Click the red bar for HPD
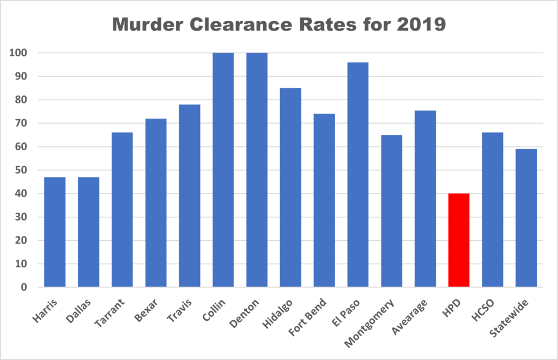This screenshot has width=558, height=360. (x=458, y=240)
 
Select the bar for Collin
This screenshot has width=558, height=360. (x=223, y=170)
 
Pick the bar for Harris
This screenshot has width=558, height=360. (x=54, y=232)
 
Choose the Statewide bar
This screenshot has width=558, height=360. (x=526, y=218)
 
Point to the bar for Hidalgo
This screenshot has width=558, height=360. (x=290, y=187)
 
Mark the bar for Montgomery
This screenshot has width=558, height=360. (x=391, y=211)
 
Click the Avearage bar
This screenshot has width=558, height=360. (x=425, y=199)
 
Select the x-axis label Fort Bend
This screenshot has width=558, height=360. (x=313, y=311)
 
